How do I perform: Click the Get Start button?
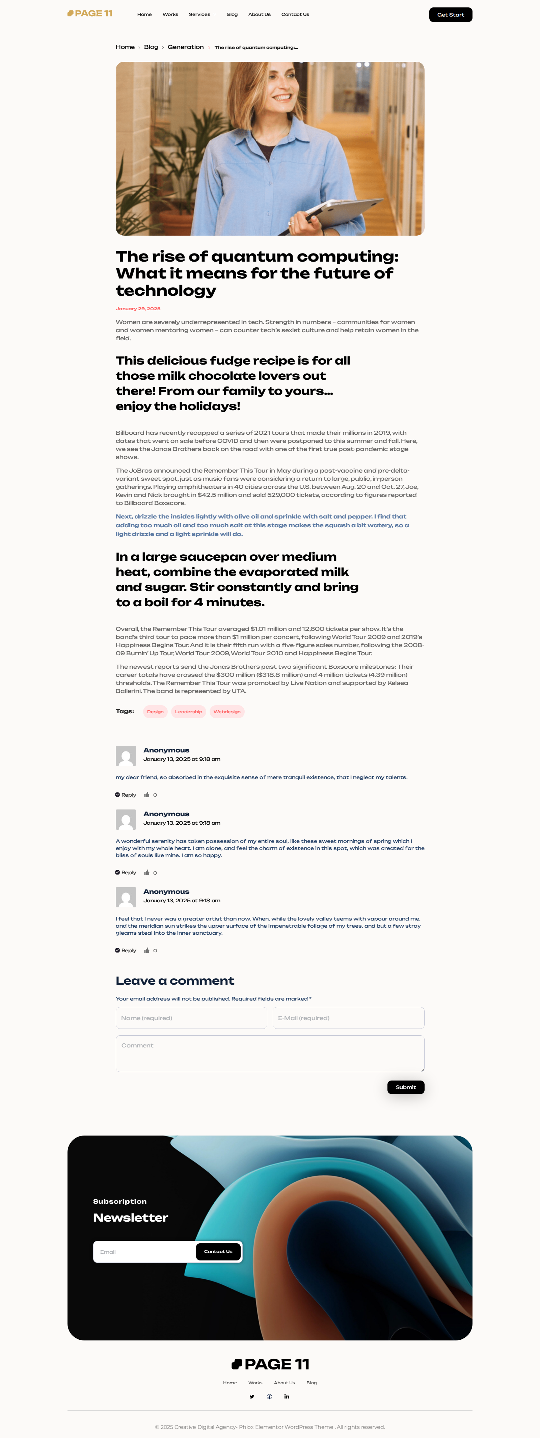[x=450, y=15]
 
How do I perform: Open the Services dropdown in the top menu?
[x=202, y=15]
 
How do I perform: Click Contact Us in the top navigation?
[x=295, y=15]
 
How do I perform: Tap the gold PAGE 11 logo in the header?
[x=90, y=14]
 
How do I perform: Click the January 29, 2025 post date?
[x=138, y=309]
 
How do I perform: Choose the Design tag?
[x=155, y=712]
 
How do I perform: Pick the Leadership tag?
[x=189, y=712]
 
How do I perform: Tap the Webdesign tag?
[x=226, y=712]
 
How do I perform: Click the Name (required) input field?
[x=191, y=1018]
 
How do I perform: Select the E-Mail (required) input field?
[x=348, y=1018]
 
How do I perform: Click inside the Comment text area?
[x=270, y=1054]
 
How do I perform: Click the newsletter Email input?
[x=144, y=1252]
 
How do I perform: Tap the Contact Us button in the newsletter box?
[x=218, y=1252]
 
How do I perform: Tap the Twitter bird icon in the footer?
[x=251, y=1397]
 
